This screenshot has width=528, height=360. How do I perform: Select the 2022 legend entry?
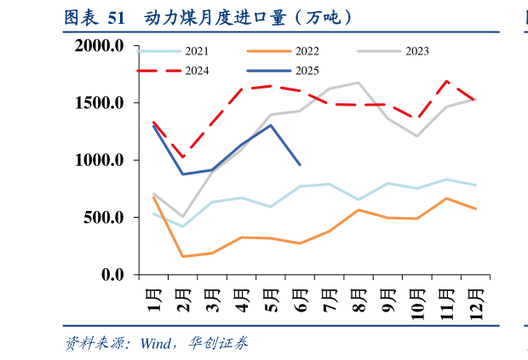coord(305,52)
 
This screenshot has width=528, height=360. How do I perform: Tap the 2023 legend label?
coord(416,52)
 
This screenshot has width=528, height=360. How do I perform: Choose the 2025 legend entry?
coord(305,71)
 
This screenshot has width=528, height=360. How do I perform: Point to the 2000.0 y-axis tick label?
coord(100,46)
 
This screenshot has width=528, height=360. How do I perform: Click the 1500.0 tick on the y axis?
coord(100,103)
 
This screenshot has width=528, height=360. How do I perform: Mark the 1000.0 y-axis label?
coord(100,160)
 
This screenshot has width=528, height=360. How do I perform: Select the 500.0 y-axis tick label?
coord(105,218)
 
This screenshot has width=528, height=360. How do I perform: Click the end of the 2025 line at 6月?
coord(300,165)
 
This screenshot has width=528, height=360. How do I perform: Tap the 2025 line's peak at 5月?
coord(271,125)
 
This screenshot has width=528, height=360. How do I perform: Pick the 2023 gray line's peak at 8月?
coord(359,83)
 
